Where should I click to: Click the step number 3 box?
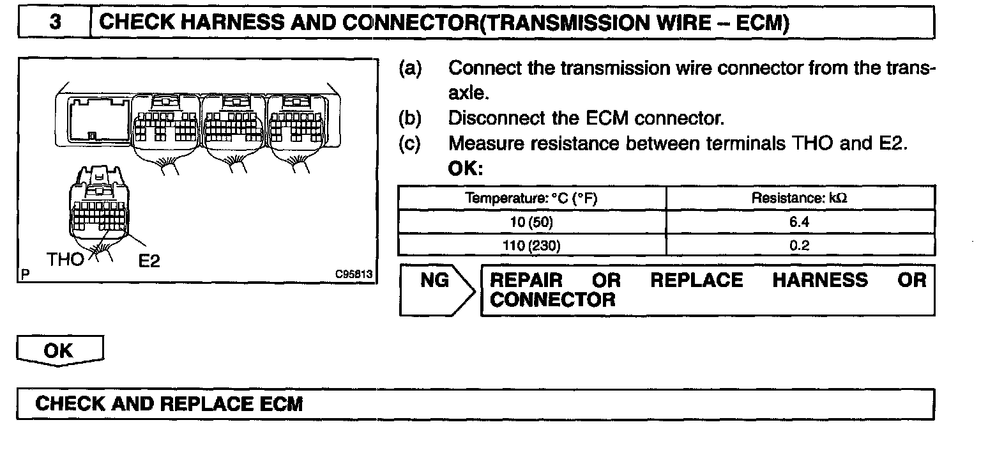[x=55, y=23]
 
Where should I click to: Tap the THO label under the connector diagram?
[x=65, y=260]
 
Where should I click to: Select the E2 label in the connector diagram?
[x=149, y=261]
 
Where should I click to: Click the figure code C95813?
[x=353, y=274]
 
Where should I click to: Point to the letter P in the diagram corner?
[x=25, y=275]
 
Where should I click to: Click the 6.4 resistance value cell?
[x=800, y=224]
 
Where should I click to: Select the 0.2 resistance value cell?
[x=800, y=246]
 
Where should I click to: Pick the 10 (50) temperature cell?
[x=531, y=224]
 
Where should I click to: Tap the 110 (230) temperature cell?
[x=531, y=246]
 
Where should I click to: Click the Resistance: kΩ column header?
[x=800, y=198]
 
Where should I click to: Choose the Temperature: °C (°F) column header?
[x=531, y=198]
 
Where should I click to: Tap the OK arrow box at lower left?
[x=59, y=351]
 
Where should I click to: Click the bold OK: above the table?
[x=466, y=170]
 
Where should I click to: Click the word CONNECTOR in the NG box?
[x=552, y=300]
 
